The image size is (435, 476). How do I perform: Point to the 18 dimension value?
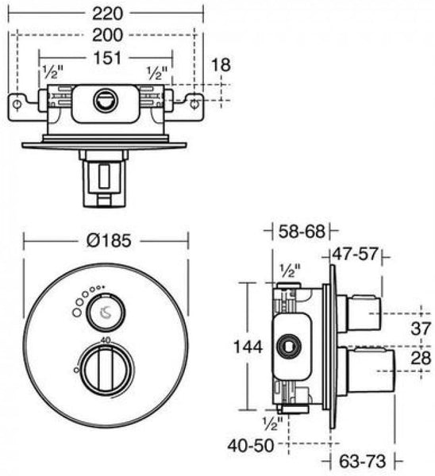click(x=221, y=65)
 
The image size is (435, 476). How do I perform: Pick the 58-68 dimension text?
click(x=302, y=232)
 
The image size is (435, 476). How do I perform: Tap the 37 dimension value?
click(x=422, y=327)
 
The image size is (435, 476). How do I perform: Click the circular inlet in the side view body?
click(x=288, y=346)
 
